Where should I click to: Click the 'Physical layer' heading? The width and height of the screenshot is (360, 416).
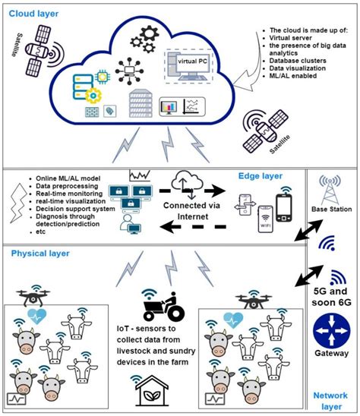[42, 254]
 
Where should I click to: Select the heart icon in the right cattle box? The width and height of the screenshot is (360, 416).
[234, 320]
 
